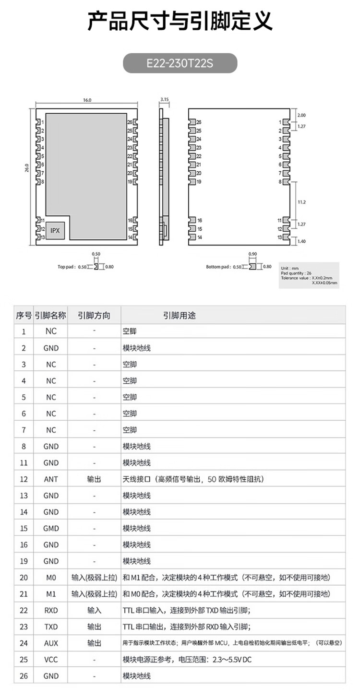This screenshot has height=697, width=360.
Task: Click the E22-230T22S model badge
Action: point(180,63)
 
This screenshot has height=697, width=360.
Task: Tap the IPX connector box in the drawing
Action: point(56,231)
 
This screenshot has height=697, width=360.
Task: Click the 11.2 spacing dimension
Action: point(302,202)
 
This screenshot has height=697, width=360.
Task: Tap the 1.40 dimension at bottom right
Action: point(302,241)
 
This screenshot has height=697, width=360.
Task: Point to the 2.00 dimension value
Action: point(301,115)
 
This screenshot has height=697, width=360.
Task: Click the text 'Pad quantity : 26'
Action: point(295,272)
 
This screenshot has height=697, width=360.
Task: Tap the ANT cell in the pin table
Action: point(51,479)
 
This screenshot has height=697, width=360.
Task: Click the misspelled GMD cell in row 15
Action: point(51,528)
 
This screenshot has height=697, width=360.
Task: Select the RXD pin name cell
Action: point(51,610)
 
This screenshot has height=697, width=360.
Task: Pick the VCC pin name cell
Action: point(51,660)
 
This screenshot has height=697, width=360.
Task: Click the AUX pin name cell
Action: point(51,643)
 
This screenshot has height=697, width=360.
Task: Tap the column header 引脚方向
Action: point(94,315)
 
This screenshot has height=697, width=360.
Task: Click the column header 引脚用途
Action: point(179,315)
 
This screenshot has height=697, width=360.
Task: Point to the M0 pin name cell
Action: point(51,578)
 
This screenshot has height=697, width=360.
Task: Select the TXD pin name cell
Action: point(51,626)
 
